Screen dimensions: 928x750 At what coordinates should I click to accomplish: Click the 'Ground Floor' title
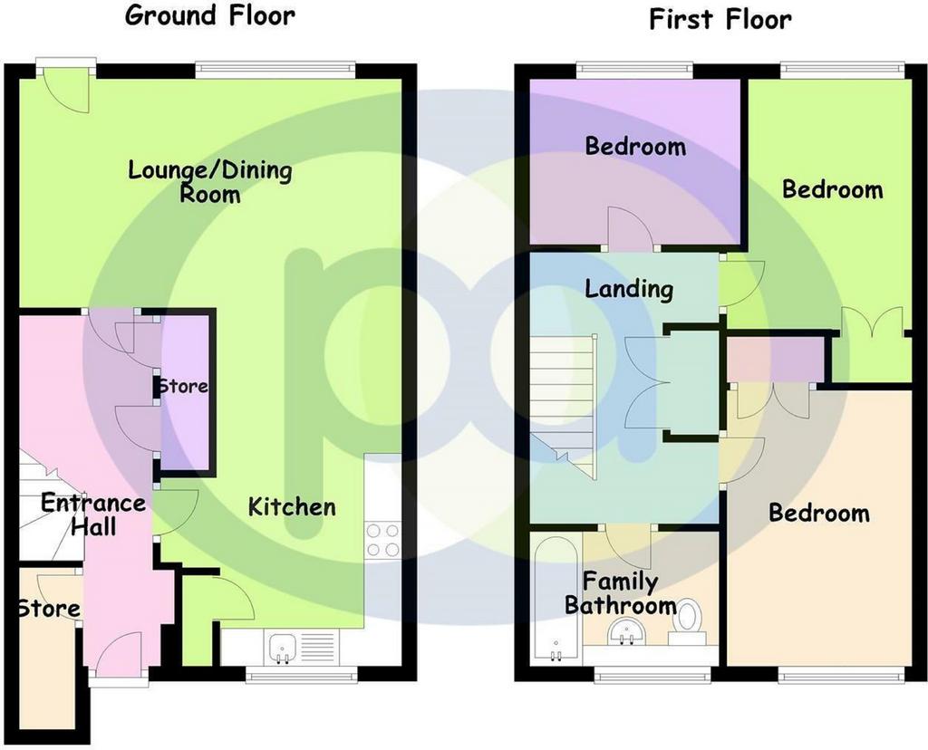pos(209,16)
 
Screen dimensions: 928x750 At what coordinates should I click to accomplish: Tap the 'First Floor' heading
pos(720,19)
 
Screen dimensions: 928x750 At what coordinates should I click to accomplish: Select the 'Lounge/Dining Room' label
pos(210,181)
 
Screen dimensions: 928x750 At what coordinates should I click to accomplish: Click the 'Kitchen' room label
pos(292,507)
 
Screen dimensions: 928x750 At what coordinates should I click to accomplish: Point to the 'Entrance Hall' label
pos(93,514)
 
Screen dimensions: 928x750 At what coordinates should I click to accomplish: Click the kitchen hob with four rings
pos(382,541)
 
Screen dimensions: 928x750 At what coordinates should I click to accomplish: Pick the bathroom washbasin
pos(627,630)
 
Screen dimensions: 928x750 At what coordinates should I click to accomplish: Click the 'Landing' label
pos(629,289)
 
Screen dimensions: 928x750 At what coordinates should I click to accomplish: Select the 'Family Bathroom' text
pos(620,593)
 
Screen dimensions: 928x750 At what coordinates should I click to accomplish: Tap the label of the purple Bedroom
pos(635,146)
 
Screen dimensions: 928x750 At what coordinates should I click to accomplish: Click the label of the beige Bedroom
pos(819,513)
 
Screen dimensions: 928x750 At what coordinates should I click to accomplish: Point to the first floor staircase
pos(562,408)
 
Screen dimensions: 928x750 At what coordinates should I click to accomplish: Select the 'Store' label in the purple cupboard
pos(183,387)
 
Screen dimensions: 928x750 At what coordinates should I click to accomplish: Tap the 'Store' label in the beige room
pos(49,609)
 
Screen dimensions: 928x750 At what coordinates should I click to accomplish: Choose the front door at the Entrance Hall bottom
pos(119,658)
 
